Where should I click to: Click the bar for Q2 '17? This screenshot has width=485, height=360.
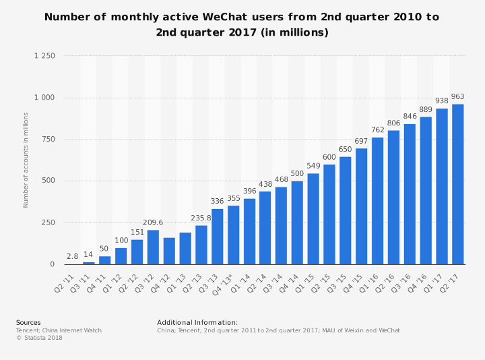point(458,184)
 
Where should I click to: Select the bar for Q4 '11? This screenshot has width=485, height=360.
point(105,260)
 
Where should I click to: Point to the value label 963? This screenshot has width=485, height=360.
point(458,97)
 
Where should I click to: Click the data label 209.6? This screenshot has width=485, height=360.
point(153,222)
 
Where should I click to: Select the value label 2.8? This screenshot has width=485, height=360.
point(73,256)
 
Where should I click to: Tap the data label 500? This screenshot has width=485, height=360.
point(297,174)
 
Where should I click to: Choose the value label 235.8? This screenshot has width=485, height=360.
point(201,218)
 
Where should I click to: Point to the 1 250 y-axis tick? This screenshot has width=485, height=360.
point(44,56)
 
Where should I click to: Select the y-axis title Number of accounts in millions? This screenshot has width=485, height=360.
point(26,160)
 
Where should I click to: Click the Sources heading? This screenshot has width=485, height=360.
point(28,322)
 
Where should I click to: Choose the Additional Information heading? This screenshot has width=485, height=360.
point(197,322)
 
